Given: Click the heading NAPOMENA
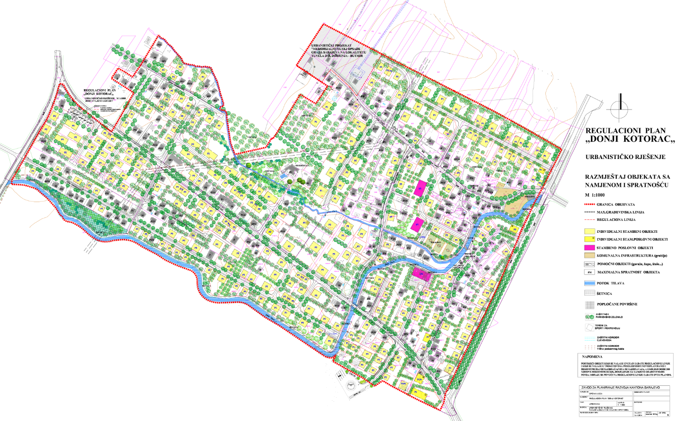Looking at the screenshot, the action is click(593, 356).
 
